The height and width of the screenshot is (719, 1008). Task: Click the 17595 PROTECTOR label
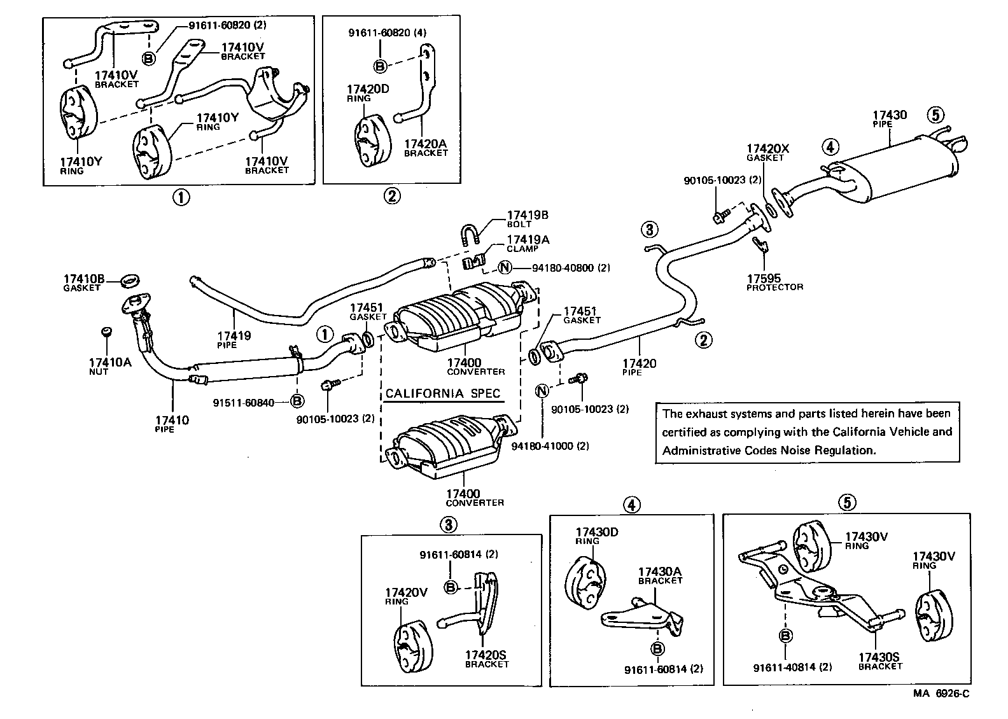point(774,282)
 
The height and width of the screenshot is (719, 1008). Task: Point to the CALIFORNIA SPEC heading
point(442,394)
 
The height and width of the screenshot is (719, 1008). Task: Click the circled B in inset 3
point(451,587)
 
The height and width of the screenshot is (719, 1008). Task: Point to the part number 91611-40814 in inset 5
point(792,667)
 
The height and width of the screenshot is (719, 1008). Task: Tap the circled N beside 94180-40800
point(504,268)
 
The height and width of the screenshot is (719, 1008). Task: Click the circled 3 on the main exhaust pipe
point(648,230)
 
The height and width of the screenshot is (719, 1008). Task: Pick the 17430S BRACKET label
point(879,661)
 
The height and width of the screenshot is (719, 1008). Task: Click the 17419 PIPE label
point(234,340)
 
